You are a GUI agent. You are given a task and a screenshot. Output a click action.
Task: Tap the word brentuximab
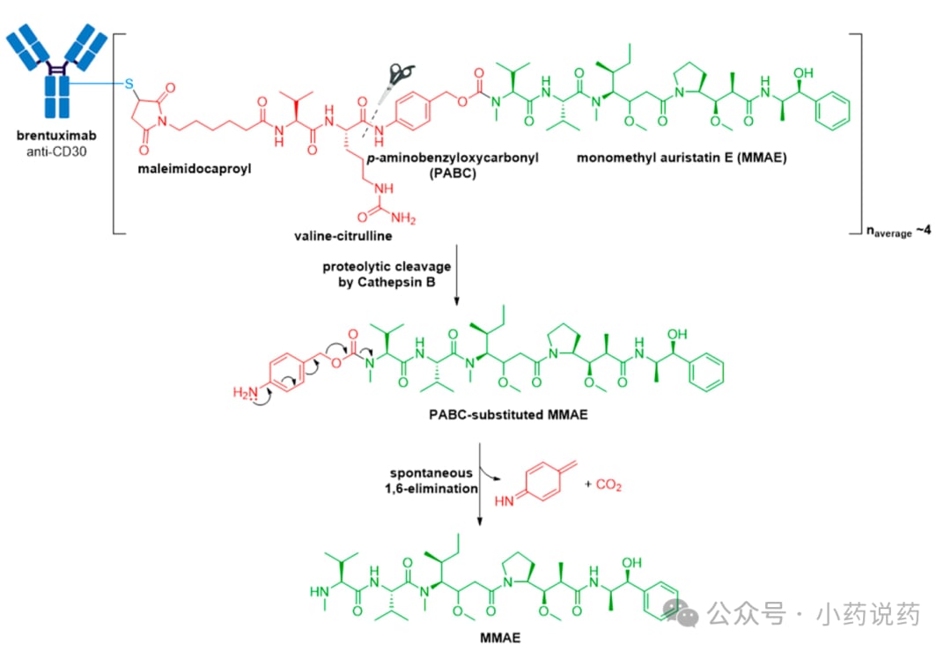click(x=56, y=136)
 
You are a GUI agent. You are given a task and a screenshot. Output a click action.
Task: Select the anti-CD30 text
click(x=56, y=152)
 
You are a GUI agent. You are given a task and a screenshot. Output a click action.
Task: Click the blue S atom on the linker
click(x=129, y=84)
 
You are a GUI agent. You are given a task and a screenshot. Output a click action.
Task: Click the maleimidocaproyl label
click(x=194, y=169)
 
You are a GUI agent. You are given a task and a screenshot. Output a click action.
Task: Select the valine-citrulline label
click(x=343, y=235)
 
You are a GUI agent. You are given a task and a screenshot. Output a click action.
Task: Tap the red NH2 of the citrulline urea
click(x=403, y=218)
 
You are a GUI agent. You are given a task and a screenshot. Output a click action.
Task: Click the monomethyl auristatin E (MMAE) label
click(x=682, y=158)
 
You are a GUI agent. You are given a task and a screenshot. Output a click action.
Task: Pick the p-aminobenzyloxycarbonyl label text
click(x=453, y=158)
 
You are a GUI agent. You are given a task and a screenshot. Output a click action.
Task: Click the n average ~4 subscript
click(x=898, y=232)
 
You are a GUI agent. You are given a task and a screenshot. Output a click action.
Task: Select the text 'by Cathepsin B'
click(x=387, y=282)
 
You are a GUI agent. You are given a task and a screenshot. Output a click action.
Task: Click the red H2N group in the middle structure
click(x=245, y=392)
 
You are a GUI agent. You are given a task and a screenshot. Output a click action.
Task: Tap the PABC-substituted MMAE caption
click(x=508, y=415)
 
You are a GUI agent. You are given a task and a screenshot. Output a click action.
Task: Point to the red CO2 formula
click(x=609, y=485)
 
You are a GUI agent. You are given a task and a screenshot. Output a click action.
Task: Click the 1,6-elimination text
click(x=431, y=489)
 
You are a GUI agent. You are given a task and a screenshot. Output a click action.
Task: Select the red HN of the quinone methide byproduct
click(x=504, y=500)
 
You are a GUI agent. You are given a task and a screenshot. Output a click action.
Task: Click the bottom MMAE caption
click(x=500, y=637)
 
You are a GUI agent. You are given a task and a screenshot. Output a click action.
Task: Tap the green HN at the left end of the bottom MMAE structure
click(x=319, y=591)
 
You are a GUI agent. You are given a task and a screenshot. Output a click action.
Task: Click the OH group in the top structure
click(x=803, y=73)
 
